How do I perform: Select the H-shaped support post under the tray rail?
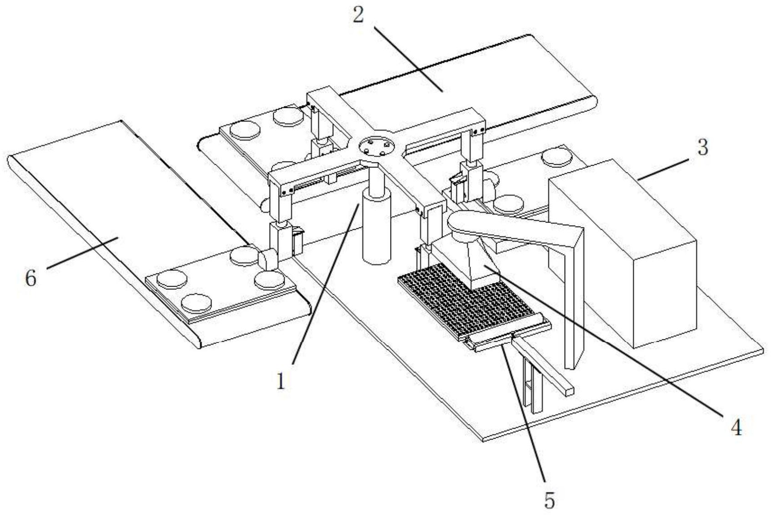pyautogui.click(x=532, y=384)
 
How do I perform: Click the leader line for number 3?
pyautogui.click(x=662, y=169)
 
